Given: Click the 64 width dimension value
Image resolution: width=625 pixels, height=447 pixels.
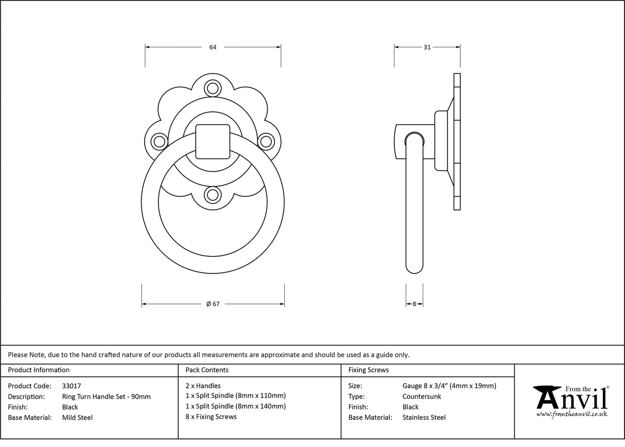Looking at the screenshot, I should [x=213, y=47].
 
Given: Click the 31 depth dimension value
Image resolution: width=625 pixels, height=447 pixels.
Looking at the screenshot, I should [x=427, y=47].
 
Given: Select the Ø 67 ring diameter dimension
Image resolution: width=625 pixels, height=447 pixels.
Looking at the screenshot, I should [x=213, y=304].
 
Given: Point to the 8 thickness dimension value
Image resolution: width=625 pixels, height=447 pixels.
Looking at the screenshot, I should [x=414, y=304].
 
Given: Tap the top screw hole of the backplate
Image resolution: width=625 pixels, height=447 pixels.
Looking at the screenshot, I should [x=212, y=88].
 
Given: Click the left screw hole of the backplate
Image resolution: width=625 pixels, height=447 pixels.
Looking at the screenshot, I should [x=159, y=141].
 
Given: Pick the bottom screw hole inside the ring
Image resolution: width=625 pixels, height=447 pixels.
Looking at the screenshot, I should [x=212, y=195].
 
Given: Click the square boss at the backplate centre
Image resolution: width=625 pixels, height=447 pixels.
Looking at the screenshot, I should [x=212, y=141].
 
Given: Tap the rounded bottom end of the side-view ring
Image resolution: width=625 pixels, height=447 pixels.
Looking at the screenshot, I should [x=414, y=267].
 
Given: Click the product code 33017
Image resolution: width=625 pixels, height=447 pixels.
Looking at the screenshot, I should [x=71, y=386].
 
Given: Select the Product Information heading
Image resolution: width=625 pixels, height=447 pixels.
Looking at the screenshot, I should [x=39, y=370].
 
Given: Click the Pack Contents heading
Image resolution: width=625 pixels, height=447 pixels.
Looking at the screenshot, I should [x=207, y=370].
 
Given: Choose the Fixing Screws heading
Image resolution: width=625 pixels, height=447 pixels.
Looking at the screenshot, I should [x=369, y=370].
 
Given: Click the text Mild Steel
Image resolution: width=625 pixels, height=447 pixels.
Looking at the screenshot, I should [x=77, y=418].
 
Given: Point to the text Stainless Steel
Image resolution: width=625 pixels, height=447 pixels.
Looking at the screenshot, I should [x=424, y=418].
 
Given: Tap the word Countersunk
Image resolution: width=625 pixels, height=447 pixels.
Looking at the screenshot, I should [x=422, y=397].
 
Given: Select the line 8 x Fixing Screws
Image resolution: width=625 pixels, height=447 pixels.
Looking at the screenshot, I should [x=211, y=417].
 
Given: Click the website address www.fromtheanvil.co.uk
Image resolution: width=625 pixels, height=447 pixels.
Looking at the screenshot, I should [x=571, y=414].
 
